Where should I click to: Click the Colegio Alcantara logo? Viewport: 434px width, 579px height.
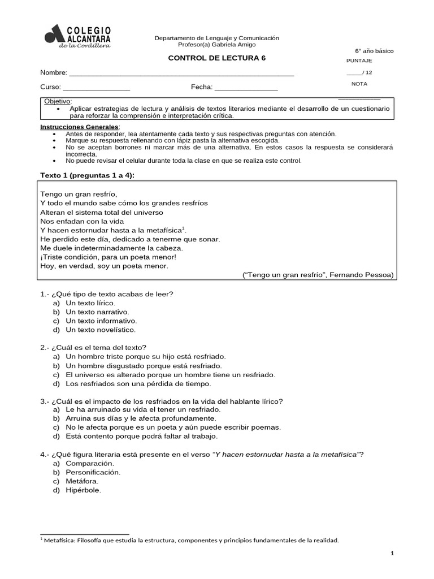(77, 36)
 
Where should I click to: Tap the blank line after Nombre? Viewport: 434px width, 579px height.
(181, 73)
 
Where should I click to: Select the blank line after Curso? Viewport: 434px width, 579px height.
(96, 87)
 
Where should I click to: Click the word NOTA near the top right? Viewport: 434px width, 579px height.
(359, 84)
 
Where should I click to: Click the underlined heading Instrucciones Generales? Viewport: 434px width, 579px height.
(79, 127)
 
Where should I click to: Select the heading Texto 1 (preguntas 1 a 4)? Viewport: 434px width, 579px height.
(87, 175)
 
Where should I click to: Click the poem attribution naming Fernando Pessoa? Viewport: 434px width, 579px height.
(318, 275)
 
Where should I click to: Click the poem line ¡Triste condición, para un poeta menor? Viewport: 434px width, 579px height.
(108, 257)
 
